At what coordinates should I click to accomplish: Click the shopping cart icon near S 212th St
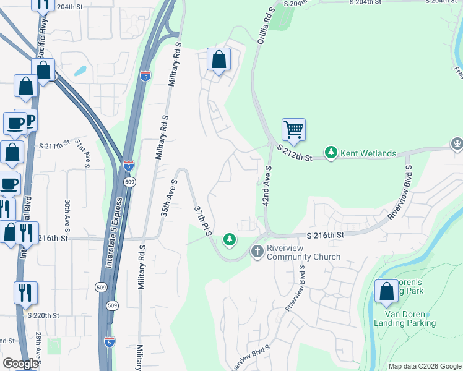tap(293, 130)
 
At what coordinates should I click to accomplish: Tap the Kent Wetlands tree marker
tap(331, 152)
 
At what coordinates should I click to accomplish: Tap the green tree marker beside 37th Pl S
tap(230, 239)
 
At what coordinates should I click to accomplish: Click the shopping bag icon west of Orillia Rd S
tap(219, 60)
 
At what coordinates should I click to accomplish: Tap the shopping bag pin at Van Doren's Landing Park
tap(387, 291)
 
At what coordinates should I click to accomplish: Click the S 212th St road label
tap(295, 152)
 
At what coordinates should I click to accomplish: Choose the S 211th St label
tap(56, 146)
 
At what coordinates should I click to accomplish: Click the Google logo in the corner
tap(20, 363)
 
